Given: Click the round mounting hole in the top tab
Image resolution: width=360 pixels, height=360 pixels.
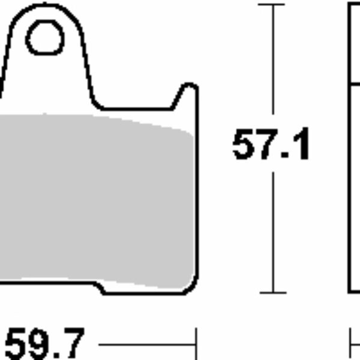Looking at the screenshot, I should (x=45, y=38).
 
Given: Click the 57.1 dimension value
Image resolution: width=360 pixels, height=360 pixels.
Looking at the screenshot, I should (x=271, y=146).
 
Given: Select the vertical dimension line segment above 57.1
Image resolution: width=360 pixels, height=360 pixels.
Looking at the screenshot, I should (x=273, y=66).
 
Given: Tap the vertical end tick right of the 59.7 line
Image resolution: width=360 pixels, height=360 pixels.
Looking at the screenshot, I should (x=196, y=344).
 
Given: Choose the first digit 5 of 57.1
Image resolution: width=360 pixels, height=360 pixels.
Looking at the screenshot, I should (x=245, y=146).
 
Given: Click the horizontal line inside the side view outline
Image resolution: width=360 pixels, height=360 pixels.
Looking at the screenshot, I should (x=355, y=85).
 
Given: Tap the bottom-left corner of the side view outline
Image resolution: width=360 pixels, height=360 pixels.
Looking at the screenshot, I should (x=350, y=292).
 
